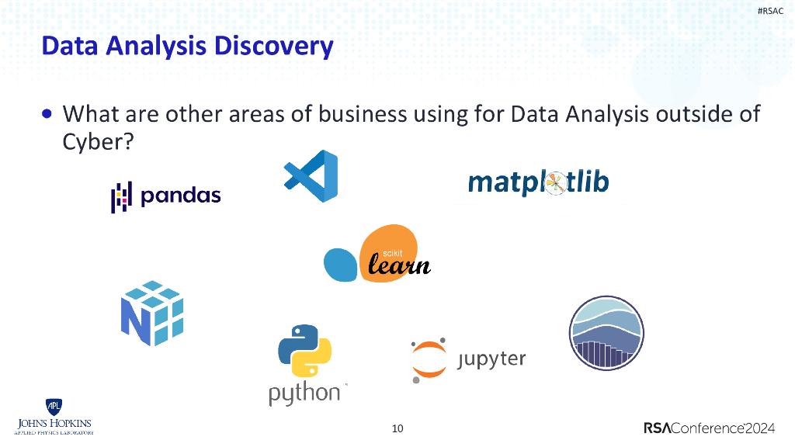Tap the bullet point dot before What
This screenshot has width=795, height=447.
[48, 114]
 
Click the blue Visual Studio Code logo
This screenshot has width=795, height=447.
[311, 176]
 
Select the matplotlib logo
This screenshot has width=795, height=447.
[538, 182]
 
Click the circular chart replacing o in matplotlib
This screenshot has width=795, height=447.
[556, 183]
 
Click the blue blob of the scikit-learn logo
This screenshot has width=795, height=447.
[341, 265]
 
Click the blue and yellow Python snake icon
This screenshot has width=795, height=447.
[304, 352]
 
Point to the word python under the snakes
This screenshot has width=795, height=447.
[304, 392]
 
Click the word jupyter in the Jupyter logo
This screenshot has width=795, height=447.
[491, 359]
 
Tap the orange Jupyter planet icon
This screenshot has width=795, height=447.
[429, 360]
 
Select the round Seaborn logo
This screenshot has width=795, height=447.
[606, 334]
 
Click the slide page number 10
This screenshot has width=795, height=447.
[397, 428]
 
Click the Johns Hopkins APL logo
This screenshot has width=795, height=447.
[54, 418]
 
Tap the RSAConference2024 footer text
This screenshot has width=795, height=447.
[709, 428]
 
